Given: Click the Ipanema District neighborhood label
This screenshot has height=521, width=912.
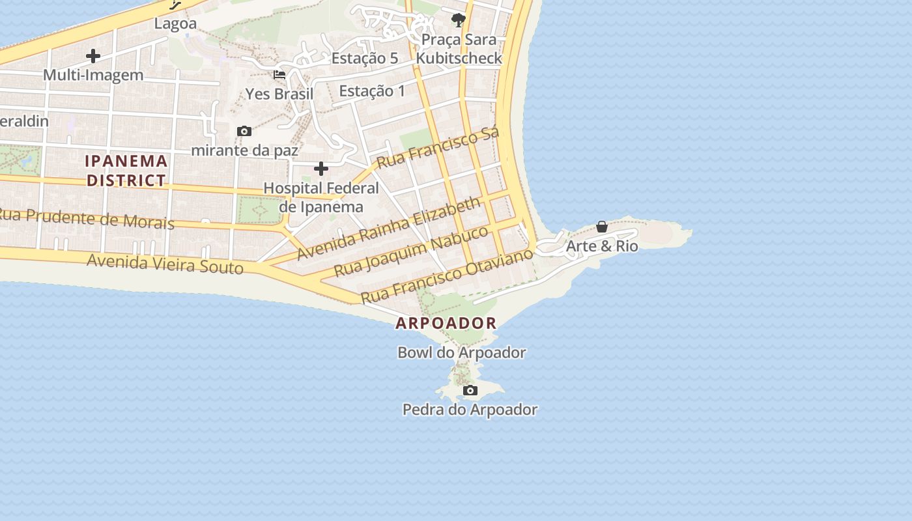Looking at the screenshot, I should (127, 171).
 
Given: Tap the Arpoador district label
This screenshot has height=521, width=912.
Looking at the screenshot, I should (446, 323).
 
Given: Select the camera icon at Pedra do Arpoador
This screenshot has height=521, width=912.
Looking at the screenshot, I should (470, 391).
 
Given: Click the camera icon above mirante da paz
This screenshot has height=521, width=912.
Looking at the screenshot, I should (244, 132).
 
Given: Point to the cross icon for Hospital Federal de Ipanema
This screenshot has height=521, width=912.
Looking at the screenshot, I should (321, 169).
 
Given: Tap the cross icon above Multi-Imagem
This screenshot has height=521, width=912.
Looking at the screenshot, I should (93, 56).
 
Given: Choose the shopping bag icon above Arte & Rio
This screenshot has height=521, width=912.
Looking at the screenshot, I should (602, 227).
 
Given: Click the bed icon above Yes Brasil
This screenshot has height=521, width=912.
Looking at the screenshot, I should (279, 75).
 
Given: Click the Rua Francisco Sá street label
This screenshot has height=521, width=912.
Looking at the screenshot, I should (438, 148).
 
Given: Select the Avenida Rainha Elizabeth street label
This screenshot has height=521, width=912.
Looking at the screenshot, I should (389, 229).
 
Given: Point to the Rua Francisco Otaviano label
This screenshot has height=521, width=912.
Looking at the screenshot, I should (447, 275).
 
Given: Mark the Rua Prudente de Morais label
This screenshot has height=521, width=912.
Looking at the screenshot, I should (87, 218).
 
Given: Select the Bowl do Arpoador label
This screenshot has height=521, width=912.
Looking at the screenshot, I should (461, 353).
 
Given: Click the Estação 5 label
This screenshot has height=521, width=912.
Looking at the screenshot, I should (365, 59).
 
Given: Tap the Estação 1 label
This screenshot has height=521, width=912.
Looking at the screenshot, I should (372, 91).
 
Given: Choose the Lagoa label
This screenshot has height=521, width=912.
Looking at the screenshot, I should (175, 24).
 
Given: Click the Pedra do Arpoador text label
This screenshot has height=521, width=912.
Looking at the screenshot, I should (470, 410).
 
